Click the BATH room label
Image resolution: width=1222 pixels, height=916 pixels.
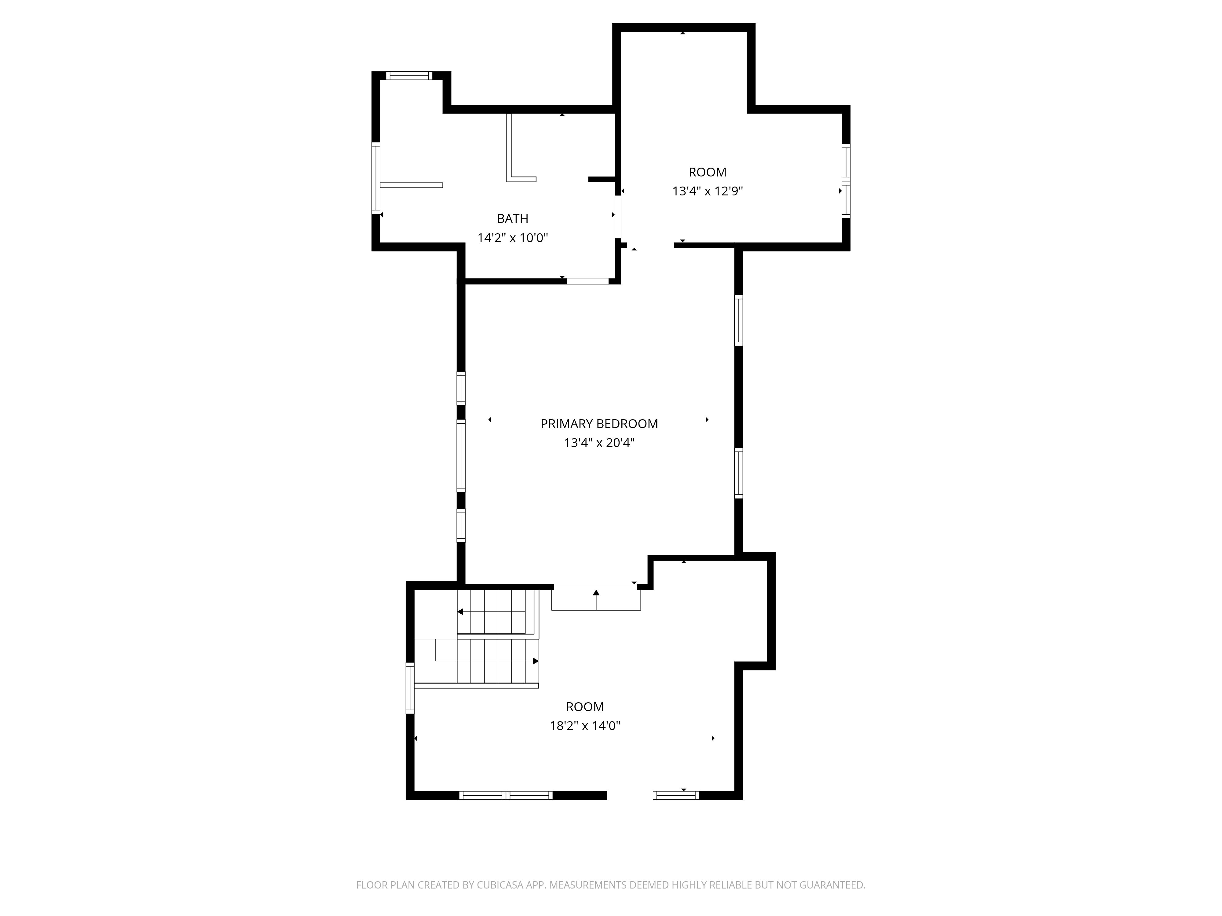[512, 219]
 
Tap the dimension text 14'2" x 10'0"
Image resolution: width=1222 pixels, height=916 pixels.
[512, 238]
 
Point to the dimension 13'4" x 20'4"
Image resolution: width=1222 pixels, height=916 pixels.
[599, 443]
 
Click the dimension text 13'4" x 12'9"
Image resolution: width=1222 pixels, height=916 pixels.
[707, 191]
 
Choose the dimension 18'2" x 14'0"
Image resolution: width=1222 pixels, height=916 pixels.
[584, 725]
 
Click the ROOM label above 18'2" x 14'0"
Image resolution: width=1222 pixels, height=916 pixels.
[584, 707]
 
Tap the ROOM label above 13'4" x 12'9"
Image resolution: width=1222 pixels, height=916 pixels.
[707, 172]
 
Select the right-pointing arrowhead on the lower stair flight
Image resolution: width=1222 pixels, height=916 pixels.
[535, 661]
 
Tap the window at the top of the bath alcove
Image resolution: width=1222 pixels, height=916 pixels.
[409, 76]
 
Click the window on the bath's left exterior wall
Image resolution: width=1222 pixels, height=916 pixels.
[376, 178]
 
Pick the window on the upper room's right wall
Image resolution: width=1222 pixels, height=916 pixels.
[845, 181]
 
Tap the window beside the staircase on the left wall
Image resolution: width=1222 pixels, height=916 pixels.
[410, 688]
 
